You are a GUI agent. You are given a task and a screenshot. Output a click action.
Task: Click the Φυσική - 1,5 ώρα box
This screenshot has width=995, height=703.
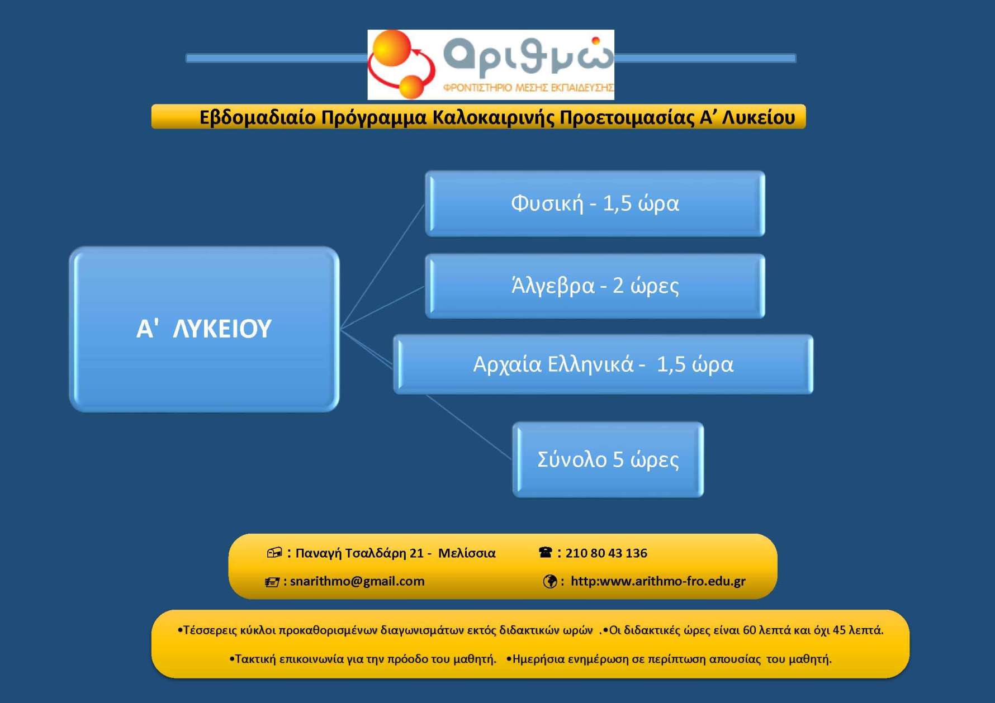pos(595,203)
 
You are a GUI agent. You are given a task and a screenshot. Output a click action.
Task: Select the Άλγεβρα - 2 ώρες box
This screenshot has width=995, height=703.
pos(595,286)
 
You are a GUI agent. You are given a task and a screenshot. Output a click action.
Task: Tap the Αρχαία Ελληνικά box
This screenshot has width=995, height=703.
pos(603,364)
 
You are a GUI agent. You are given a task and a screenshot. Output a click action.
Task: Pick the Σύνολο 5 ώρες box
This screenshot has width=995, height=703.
pos(608,459)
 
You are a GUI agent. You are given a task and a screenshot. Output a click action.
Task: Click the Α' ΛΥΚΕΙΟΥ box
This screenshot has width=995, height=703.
pos(204,329)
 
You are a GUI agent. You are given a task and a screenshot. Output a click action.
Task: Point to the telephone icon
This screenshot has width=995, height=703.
pos(546,553)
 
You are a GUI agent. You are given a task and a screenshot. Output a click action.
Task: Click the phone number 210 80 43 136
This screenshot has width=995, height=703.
pos(607,553)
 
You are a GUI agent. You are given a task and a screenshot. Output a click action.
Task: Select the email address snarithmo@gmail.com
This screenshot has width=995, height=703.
pos(357,581)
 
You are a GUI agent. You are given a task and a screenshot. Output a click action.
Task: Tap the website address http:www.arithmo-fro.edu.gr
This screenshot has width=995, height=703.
pos(658,581)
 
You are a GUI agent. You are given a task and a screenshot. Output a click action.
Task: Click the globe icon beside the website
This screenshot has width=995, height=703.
pos(550,582)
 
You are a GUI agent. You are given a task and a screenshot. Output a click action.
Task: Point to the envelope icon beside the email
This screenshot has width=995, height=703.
pos(272,582)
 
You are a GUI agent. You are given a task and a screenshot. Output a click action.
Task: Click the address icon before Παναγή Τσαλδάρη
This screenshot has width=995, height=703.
pos(274,553)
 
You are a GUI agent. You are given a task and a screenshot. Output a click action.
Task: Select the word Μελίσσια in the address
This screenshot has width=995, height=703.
pos(467,553)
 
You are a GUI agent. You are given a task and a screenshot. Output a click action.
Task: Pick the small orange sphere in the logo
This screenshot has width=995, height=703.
pos(412,87)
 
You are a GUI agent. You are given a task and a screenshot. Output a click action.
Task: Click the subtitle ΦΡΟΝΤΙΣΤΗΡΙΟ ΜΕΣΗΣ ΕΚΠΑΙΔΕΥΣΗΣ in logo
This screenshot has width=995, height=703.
pos(528,88)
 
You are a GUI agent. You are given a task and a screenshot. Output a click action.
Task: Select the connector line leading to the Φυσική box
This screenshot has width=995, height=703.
pos(383,266)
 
